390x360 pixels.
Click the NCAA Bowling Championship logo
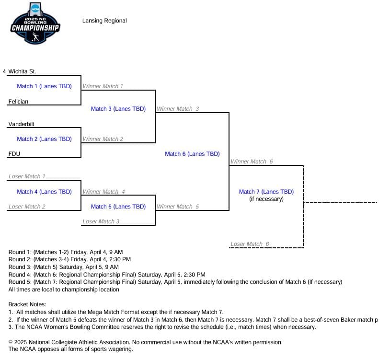click(35, 24)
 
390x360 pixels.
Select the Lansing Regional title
click(104, 21)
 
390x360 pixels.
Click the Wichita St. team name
click(22, 71)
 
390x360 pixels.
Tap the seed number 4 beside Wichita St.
click(4, 71)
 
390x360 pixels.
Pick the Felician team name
click(18, 102)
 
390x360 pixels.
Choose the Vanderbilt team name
click(21, 124)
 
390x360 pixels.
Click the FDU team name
click(14, 154)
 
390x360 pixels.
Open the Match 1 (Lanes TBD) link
click(44, 86)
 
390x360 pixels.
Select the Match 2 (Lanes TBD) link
click(44, 139)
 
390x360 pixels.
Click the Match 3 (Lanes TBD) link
click(118, 109)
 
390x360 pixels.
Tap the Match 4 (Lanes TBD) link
click(44, 192)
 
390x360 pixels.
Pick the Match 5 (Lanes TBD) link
click(118, 207)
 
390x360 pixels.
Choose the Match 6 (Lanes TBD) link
click(192, 154)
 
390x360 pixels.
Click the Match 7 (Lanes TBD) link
click(266, 192)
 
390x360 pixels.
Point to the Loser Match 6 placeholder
click(250, 244)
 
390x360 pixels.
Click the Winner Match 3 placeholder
click(178, 109)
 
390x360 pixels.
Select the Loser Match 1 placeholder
click(27, 176)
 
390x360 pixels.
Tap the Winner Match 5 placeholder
click(178, 207)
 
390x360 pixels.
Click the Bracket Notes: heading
click(27, 304)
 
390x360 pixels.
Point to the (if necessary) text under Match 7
click(266, 199)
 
